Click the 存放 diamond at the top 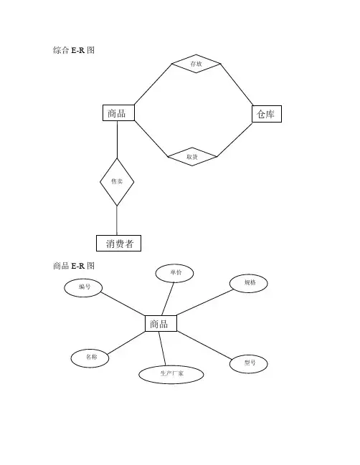pos(196,64)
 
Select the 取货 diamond pos(192,157)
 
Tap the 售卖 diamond pos(117,182)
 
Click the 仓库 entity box pos(267,114)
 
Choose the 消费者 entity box pos(118,243)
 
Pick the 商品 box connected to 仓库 pos(118,112)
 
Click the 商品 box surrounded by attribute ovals pos(161,323)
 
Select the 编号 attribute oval pos(83,287)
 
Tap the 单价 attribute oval pos(174,273)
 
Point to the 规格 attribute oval pos(249,283)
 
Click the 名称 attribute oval pos(90,358)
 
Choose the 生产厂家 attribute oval pos(171,375)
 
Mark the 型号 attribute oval pos(249,364)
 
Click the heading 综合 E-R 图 pos(74,50)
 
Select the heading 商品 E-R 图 pos(74,266)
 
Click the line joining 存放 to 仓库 pos(237,85)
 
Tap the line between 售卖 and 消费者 pos(117,221)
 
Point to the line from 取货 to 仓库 pos(235,140)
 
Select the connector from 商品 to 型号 pos(204,345)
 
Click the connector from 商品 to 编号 pos(123,304)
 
